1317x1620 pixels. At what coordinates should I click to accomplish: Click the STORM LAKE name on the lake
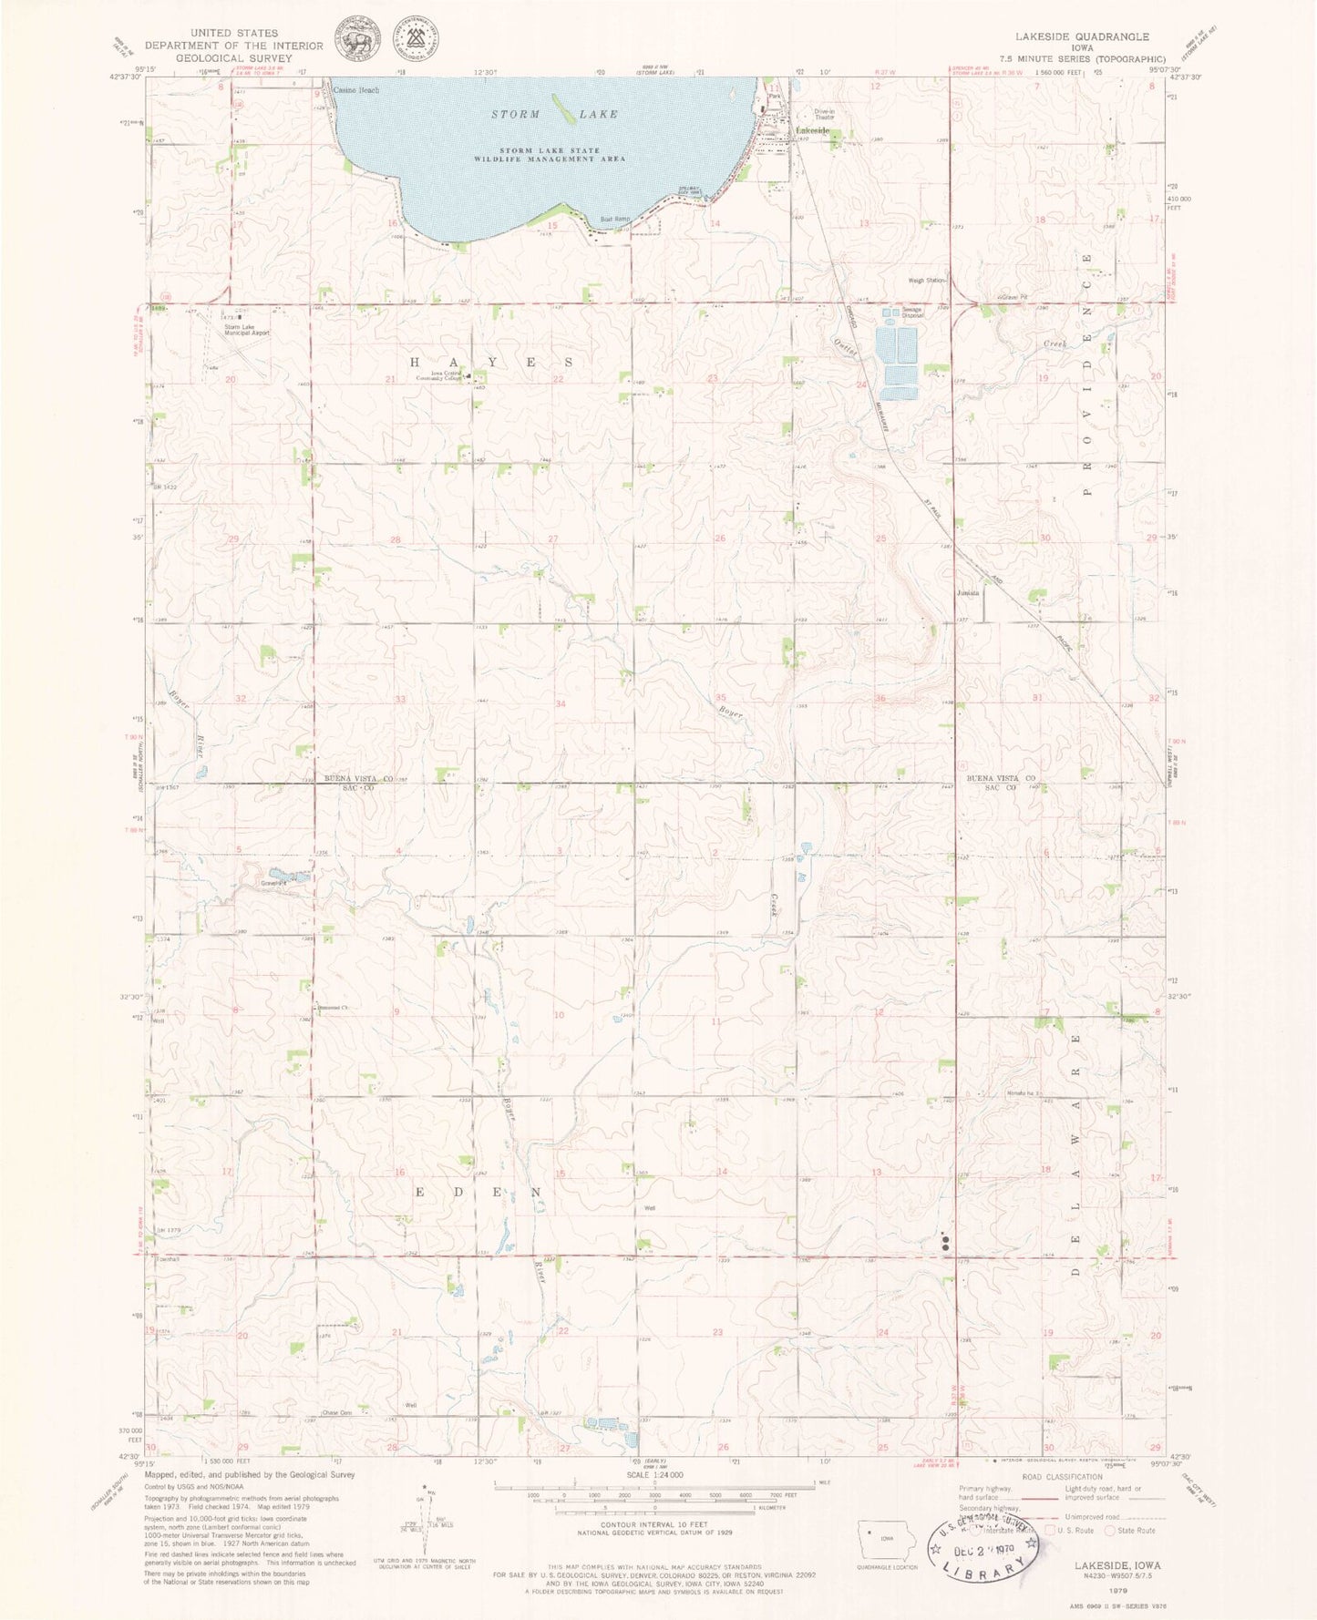554,114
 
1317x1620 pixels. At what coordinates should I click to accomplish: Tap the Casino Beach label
355,91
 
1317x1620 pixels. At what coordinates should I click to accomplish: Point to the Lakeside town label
813,131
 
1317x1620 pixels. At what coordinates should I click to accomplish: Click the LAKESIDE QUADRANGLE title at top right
1082,37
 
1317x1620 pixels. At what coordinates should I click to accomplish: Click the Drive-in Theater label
824,114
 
